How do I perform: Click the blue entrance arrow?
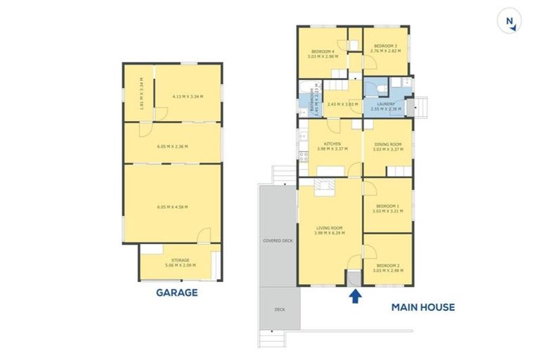coord(355,296)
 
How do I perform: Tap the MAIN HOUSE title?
coord(423,307)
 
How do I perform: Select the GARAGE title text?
coord(176,292)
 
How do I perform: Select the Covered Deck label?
coord(278,240)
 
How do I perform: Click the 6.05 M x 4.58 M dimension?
coord(172,207)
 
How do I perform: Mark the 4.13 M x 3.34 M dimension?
coord(187,97)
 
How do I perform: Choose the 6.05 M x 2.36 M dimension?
coord(172,146)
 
